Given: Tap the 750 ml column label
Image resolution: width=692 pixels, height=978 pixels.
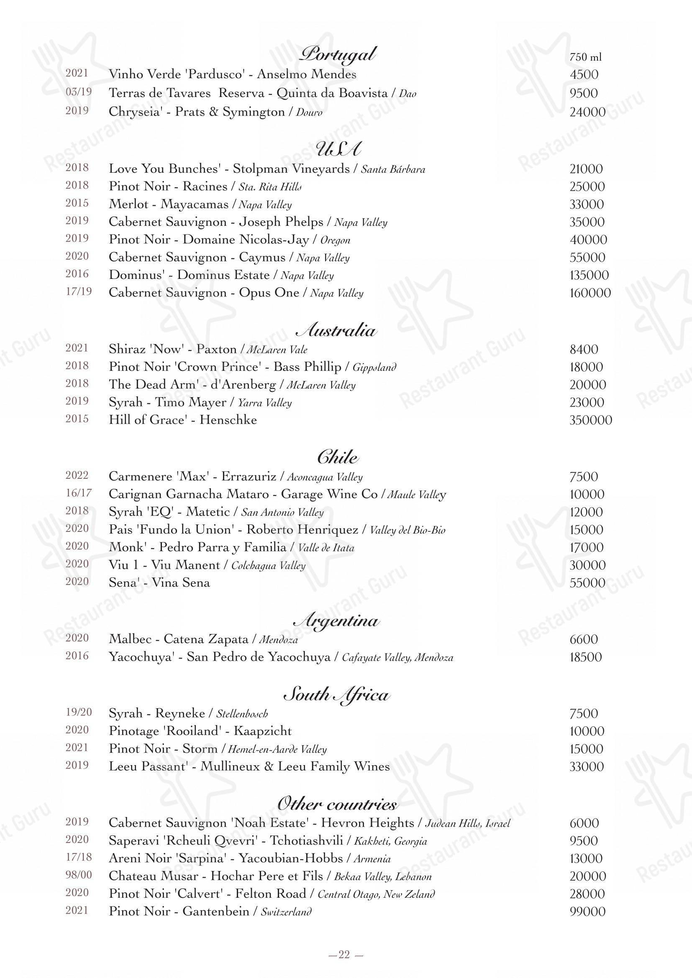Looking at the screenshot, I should [585, 56].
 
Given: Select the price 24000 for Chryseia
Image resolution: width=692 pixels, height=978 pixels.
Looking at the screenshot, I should [587, 112].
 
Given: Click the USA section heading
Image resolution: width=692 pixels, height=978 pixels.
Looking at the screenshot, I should [339, 149].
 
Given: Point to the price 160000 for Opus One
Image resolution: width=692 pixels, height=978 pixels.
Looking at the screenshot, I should [590, 293].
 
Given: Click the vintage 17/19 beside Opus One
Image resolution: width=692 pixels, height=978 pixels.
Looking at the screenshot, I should [78, 292].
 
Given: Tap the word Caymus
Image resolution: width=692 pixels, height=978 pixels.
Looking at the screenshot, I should [262, 257].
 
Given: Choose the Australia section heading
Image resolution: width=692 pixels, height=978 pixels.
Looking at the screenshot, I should [337, 331].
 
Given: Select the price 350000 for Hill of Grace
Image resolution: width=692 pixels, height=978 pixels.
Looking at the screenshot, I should [591, 420].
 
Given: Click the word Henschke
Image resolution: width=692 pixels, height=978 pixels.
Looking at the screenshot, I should [228, 420].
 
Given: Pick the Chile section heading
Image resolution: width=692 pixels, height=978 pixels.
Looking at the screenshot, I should [338, 457].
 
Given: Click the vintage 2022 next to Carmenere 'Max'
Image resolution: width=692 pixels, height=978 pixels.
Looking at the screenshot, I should [77, 475].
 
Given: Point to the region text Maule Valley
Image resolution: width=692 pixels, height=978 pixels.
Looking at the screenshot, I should [416, 495].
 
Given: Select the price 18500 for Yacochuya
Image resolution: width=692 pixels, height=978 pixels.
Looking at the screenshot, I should [586, 657].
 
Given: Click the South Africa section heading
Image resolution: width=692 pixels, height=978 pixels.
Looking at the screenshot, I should [337, 695].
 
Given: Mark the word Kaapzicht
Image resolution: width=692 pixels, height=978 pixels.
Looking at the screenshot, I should [263, 731].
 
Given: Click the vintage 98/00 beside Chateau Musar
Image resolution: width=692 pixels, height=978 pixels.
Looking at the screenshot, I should [78, 875].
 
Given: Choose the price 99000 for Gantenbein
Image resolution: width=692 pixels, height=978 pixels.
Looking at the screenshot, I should [587, 912].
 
